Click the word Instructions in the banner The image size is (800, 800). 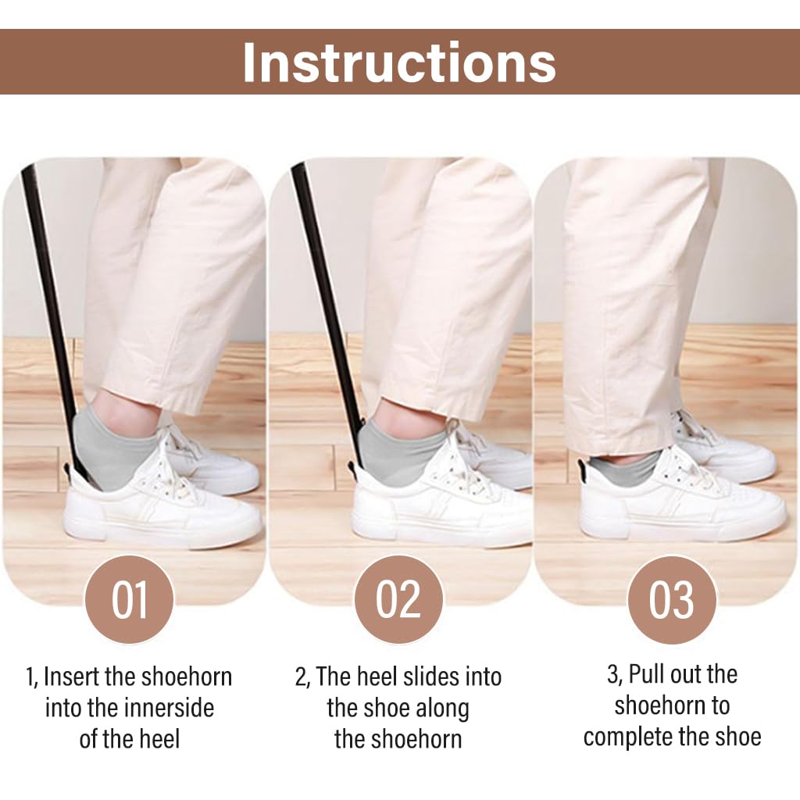pyautogui.click(x=399, y=62)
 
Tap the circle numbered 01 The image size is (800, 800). pyautogui.click(x=129, y=600)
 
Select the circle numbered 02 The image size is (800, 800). pyautogui.click(x=398, y=600)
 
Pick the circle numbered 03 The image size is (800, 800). pyautogui.click(x=671, y=600)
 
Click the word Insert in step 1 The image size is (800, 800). pyautogui.click(x=72, y=676)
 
